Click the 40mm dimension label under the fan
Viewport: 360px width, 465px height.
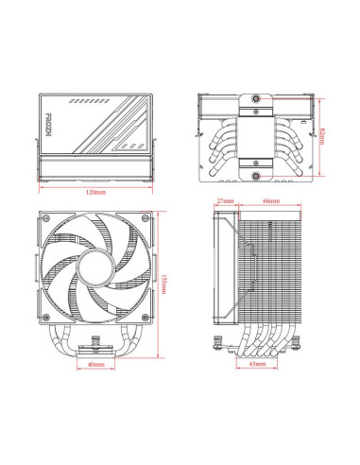coord(95,365)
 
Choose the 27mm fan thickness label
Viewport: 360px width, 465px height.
coord(225,201)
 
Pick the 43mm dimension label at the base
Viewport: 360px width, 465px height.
coord(256,363)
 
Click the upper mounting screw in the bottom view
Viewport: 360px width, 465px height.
coord(256,97)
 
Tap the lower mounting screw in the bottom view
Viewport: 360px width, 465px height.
coord(256,174)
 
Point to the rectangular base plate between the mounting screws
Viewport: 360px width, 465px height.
coord(256,135)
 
